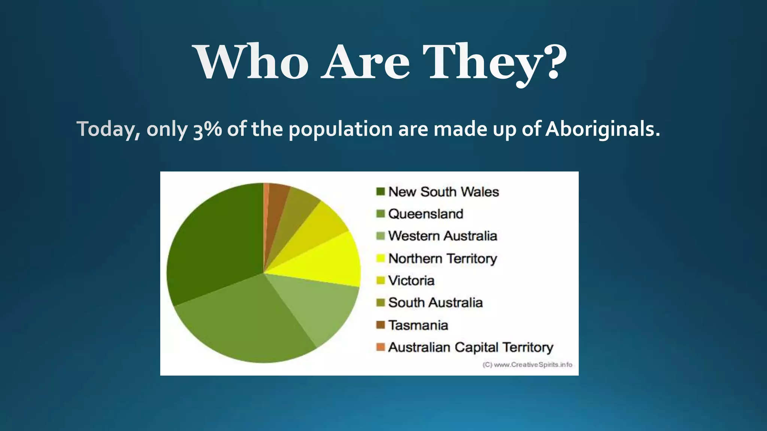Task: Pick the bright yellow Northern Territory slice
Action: [330, 262]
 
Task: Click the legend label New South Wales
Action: [443, 192]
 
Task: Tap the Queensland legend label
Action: [426, 214]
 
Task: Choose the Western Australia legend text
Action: [442, 236]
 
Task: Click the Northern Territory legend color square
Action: [381, 258]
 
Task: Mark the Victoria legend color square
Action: [381, 281]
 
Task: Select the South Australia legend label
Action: [435, 303]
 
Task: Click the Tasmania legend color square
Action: [381, 325]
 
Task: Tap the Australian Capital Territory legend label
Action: [470, 347]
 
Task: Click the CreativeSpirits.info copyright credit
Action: [527, 365]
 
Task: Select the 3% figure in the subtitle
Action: [207, 129]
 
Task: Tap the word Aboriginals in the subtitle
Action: [602, 129]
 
